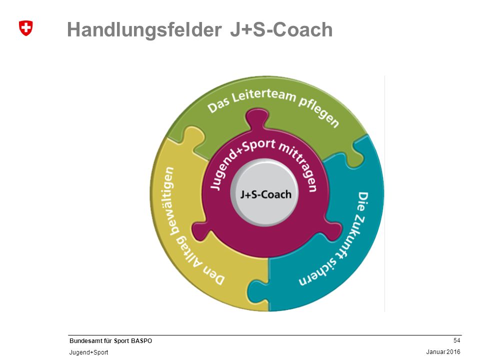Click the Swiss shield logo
[25, 28]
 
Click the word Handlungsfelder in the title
[144, 30]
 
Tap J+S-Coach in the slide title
[281, 29]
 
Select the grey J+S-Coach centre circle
[264, 193]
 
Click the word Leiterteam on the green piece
[263, 96]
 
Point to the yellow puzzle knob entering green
[193, 136]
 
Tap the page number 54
[456, 340]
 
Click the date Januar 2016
[443, 352]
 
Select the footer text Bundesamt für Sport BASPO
[110, 340]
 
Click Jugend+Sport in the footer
[89, 352]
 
